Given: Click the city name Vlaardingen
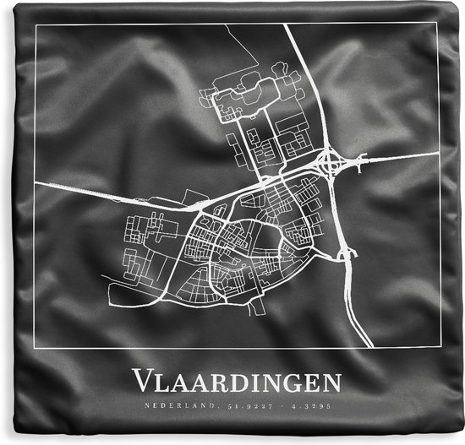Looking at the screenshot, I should click(x=236, y=383).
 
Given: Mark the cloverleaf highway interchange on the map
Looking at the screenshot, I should click(x=330, y=162).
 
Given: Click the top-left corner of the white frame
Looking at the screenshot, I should click(x=36, y=24).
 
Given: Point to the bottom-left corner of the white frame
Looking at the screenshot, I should click(x=36, y=348).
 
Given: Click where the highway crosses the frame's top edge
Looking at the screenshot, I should click(x=286, y=24).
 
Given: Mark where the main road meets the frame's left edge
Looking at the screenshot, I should click(x=36, y=179).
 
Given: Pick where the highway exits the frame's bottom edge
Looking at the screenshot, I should click(x=370, y=348).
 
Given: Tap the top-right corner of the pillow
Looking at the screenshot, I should click(x=458, y=5).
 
